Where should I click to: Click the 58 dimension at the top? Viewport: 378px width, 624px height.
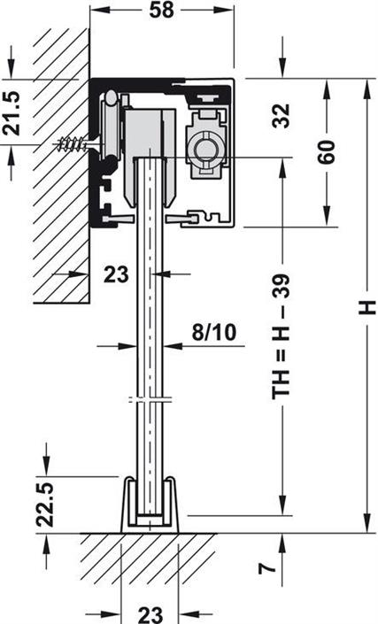(161, 10)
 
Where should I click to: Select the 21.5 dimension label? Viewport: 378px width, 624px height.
(11, 113)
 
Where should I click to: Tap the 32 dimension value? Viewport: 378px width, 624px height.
(282, 116)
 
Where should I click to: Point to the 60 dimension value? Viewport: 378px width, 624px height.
(327, 151)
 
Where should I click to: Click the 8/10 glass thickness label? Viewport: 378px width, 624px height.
(213, 332)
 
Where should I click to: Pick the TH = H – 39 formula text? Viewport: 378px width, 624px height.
(282, 336)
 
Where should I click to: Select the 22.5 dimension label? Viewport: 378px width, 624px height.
(45, 505)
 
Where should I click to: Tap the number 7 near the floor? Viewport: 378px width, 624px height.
(267, 566)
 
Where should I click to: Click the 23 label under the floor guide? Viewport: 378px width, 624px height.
(150, 614)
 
